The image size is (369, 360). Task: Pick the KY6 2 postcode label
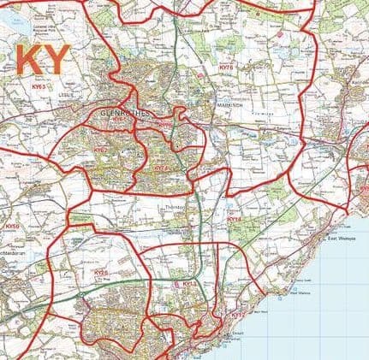point(102,150)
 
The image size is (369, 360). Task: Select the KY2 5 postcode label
point(101,273)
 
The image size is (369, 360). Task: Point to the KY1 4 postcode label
point(236,220)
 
